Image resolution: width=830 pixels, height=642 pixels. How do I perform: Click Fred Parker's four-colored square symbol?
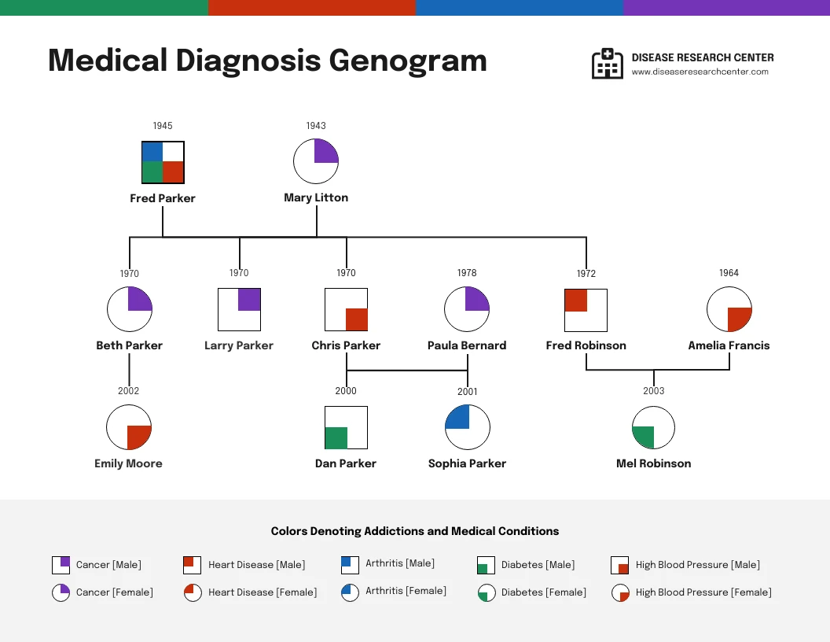pyautogui.click(x=163, y=162)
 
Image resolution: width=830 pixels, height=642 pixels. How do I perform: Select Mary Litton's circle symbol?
pyautogui.click(x=316, y=161)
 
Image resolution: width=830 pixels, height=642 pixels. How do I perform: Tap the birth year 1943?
pyautogui.click(x=316, y=126)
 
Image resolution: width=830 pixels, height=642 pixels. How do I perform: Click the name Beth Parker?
pyautogui.click(x=130, y=345)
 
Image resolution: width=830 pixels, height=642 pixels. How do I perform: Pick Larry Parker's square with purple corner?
pyautogui.click(x=239, y=310)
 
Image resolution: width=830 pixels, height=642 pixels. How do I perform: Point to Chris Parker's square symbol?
pyautogui.click(x=346, y=309)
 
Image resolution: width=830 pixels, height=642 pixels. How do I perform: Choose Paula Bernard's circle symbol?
pyautogui.click(x=467, y=309)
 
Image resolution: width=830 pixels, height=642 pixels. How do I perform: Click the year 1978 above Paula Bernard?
pyautogui.click(x=467, y=273)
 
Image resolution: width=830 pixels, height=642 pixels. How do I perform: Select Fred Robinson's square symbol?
pyautogui.click(x=586, y=310)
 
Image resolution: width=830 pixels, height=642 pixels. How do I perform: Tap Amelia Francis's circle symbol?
pyautogui.click(x=729, y=309)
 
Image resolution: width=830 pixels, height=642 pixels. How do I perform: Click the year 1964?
pyautogui.click(x=729, y=273)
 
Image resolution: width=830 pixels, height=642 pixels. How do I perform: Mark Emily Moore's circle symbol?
pyautogui.click(x=129, y=427)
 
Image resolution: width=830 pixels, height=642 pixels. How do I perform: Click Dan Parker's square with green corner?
pyautogui.click(x=346, y=427)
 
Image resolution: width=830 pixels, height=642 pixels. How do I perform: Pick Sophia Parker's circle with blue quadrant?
pyautogui.click(x=468, y=427)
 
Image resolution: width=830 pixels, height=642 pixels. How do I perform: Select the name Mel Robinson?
pyautogui.click(x=654, y=463)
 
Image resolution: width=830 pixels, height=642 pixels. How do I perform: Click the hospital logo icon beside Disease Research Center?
pyautogui.click(x=607, y=64)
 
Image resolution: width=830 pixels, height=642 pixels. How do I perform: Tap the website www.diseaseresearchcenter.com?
pyautogui.click(x=700, y=72)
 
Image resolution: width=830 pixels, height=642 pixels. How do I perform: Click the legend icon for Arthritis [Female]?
pyautogui.click(x=350, y=592)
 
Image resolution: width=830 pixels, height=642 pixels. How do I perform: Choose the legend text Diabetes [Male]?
pyautogui.click(x=538, y=565)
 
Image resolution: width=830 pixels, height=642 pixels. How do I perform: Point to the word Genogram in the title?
pyautogui.click(x=407, y=61)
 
